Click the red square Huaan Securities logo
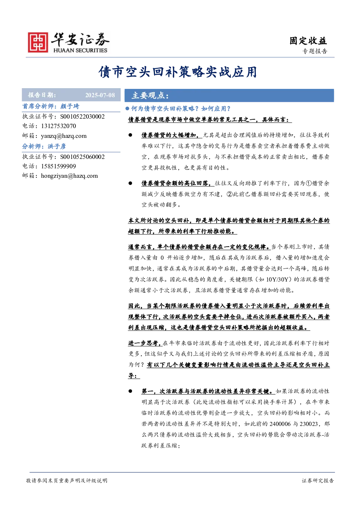click(38, 42)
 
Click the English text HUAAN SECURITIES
click(80, 50)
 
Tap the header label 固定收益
click(308, 41)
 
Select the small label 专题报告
click(315, 52)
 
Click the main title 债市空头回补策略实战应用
click(178, 72)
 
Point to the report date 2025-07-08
click(100, 95)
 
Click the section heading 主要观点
click(150, 95)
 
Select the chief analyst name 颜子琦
click(70, 106)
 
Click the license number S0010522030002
click(82, 116)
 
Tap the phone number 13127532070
click(58, 126)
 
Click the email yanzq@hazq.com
click(64, 136)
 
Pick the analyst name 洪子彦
click(57, 146)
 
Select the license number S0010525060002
click(82, 157)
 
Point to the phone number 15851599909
click(58, 166)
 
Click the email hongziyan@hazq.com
click(69, 176)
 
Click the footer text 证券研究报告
click(318, 481)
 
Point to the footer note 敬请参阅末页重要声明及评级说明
click(66, 481)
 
